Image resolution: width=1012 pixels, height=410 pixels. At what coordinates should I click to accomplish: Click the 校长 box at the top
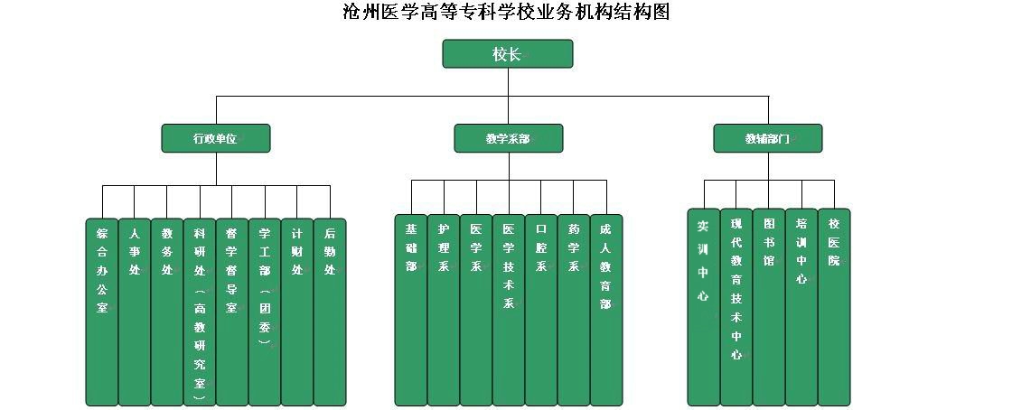507,54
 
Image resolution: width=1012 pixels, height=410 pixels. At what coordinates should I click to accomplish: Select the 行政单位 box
215,139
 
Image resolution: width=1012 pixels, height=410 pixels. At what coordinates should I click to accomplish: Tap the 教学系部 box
508,139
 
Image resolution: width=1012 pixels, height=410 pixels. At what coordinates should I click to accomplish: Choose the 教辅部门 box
768,139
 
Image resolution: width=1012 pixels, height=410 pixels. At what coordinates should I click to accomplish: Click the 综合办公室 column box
102,312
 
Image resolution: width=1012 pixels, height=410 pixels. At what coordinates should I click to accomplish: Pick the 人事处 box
135,312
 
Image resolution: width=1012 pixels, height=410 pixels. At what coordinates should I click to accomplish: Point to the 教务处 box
167,312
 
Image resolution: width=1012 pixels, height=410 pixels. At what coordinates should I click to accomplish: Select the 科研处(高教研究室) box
200,312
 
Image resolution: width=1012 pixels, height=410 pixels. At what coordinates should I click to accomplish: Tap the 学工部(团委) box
265,312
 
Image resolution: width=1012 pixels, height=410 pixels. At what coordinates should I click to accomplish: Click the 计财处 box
297,312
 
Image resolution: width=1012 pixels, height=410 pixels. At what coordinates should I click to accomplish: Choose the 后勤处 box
330,312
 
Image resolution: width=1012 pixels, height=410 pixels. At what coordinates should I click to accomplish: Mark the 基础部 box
411,309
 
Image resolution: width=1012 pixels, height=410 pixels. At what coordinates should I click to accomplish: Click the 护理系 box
444,309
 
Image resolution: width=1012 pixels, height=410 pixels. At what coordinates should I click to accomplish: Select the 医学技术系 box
509,309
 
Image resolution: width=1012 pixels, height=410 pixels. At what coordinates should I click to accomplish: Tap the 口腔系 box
541,309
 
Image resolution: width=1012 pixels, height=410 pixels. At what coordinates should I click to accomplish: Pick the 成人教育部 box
606,309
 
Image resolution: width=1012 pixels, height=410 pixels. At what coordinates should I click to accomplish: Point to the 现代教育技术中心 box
736,307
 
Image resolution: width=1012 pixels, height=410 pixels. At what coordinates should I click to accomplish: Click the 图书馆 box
769,307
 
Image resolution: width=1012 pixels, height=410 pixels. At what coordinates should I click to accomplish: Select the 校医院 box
834,307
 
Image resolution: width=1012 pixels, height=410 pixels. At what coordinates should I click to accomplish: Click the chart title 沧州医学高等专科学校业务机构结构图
506,13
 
